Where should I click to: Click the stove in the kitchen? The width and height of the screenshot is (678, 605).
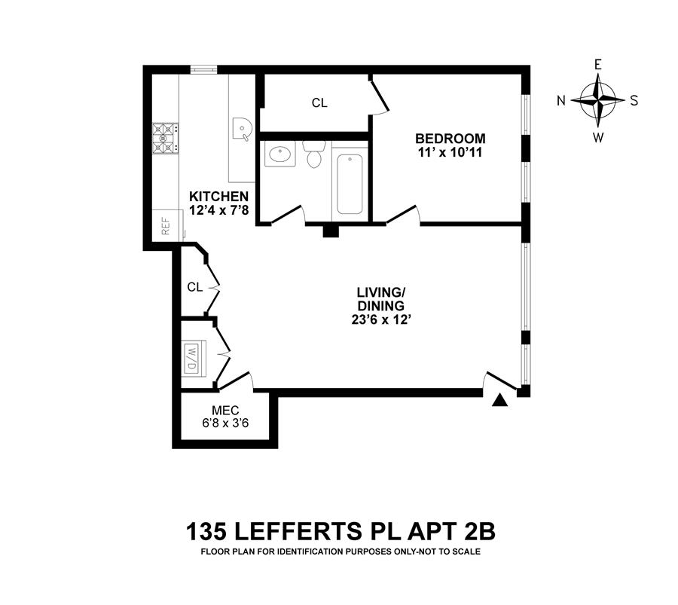165,139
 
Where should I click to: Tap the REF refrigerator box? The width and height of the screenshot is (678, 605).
166,225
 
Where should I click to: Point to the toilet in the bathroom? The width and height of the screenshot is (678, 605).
313,154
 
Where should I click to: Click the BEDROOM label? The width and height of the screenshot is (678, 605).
450,139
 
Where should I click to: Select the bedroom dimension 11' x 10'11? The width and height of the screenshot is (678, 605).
450,154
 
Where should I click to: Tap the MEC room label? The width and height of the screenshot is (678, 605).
225,410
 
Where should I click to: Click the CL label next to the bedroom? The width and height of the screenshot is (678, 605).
319,103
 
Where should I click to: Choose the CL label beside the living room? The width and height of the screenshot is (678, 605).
194,287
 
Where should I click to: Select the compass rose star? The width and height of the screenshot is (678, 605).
597,100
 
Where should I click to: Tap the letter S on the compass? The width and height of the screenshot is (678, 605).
634,100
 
